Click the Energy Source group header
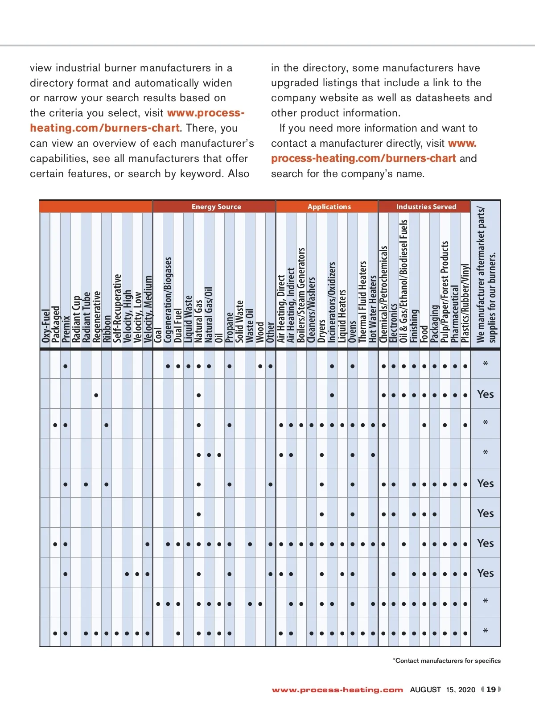tap(216, 207)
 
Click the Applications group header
tap(329, 207)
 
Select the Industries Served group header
tap(426, 207)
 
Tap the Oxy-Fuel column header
tap(45, 326)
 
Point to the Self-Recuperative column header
tap(117, 308)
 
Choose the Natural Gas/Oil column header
tap(209, 314)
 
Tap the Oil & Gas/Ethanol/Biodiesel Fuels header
tap(403, 281)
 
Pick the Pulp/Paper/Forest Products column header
tap(444, 292)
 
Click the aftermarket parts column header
tap(486, 274)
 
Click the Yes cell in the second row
tap(486, 394)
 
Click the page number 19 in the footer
tap(491, 690)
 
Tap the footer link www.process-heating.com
tap(337, 690)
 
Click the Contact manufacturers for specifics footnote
tap(447, 661)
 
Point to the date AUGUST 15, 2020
tap(443, 690)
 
